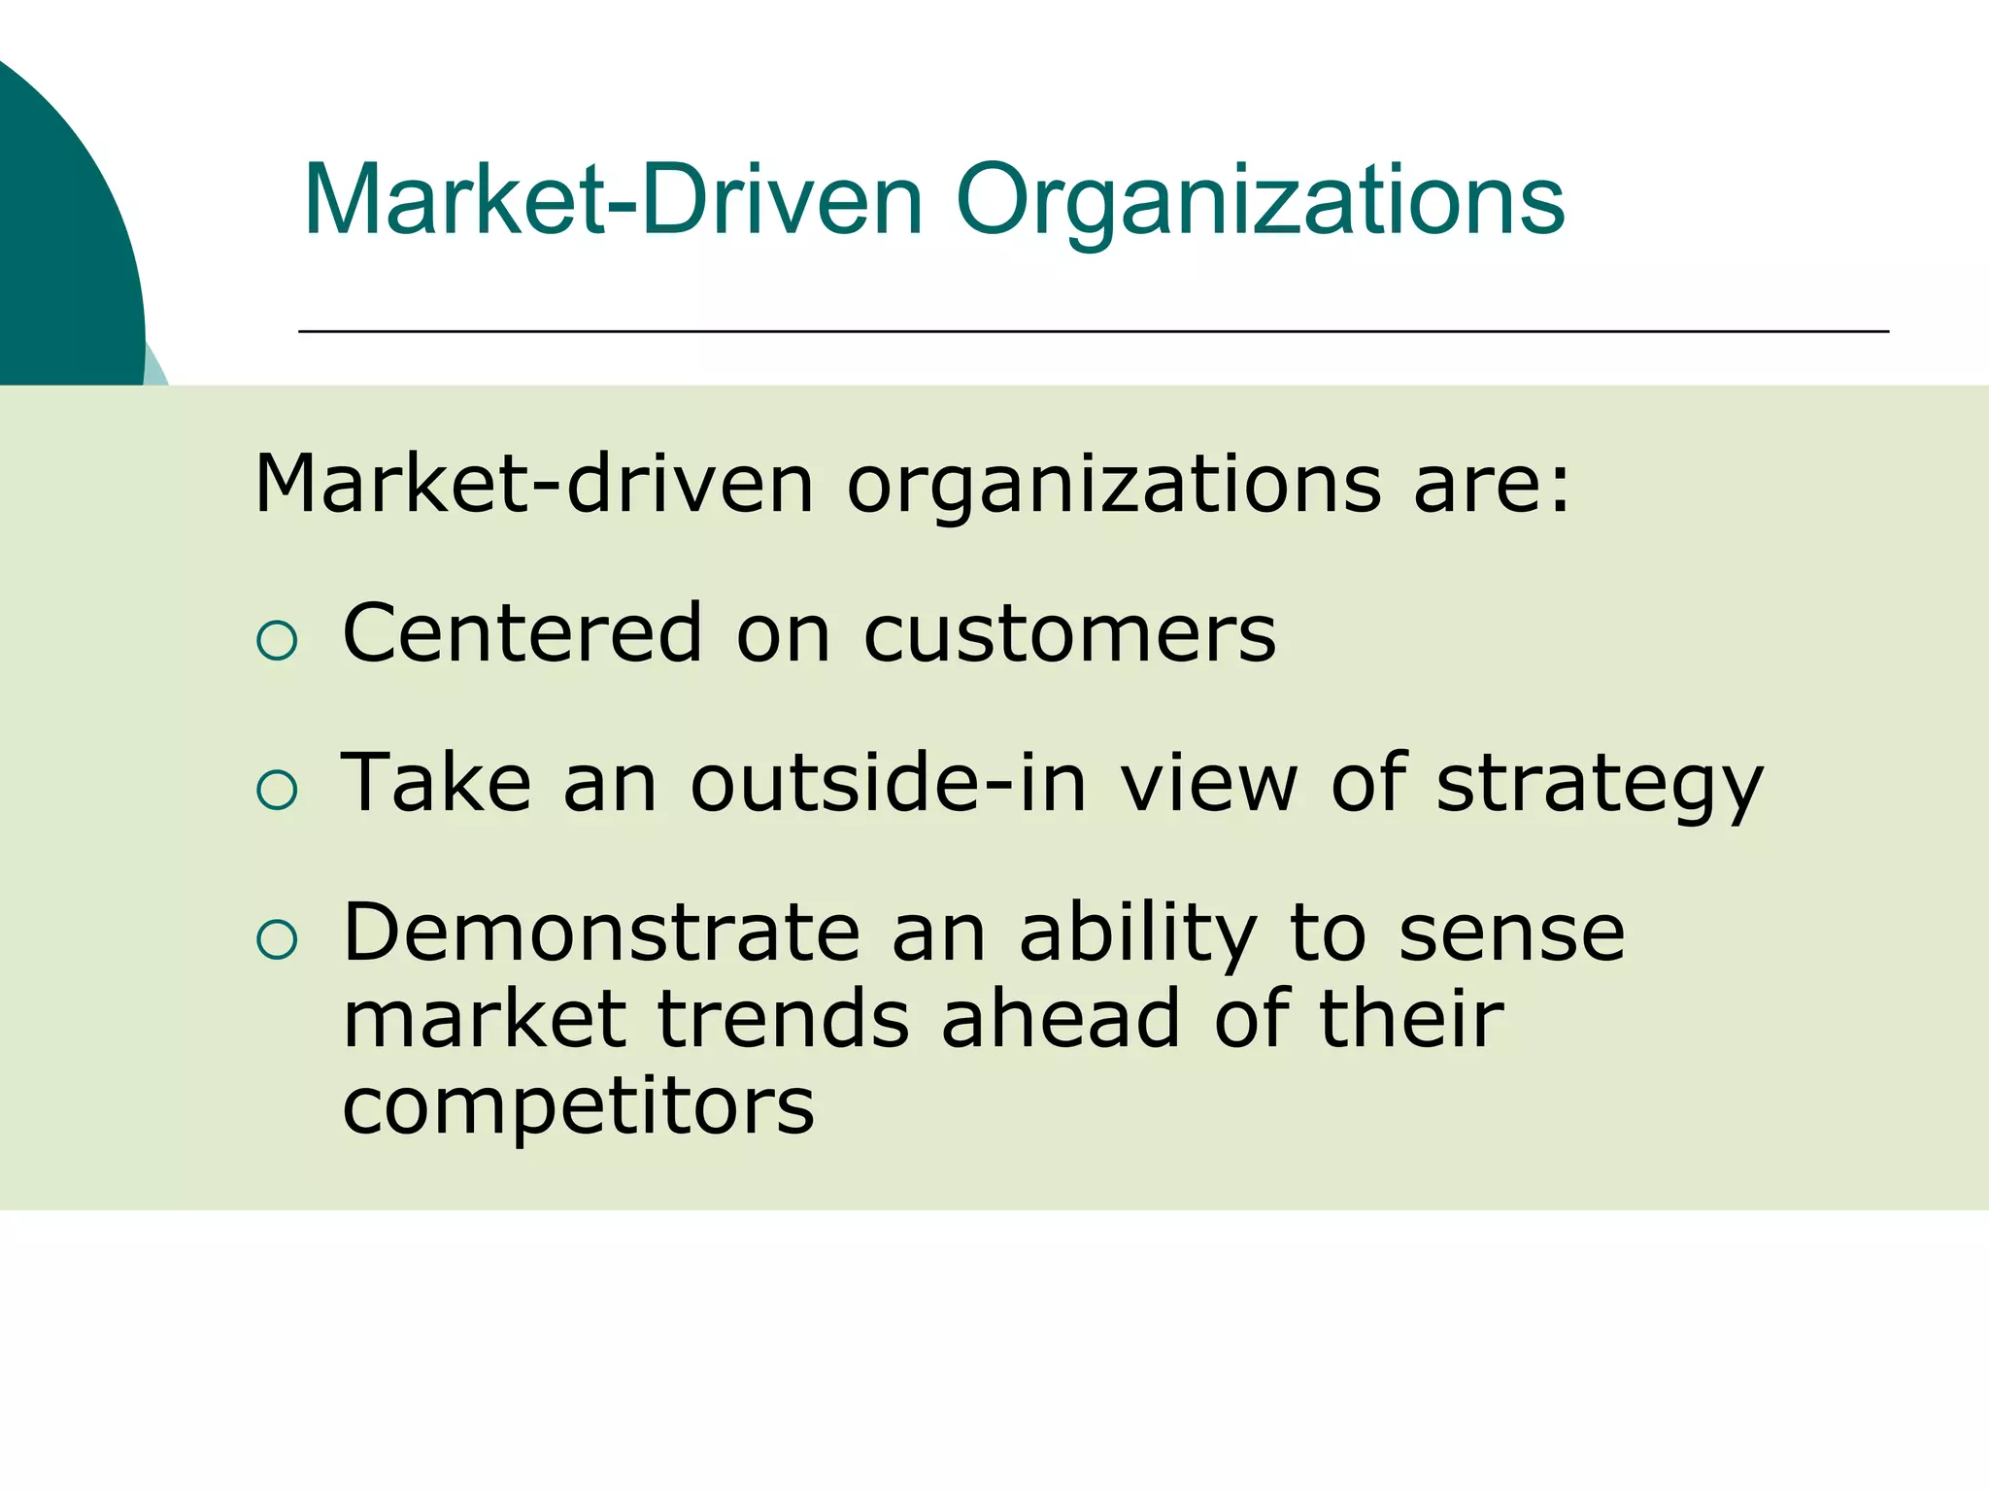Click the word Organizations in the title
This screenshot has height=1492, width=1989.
(1260, 202)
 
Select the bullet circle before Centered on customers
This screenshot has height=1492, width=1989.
(277, 641)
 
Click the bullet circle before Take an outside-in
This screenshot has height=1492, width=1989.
(277, 790)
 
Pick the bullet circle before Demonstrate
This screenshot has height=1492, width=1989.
(277, 939)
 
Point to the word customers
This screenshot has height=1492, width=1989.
(1069, 633)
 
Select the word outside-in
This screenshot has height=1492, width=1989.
(888, 783)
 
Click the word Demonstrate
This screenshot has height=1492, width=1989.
(601, 932)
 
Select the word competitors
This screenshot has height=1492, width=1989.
(578, 1107)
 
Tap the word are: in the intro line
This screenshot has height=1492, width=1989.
(1491, 484)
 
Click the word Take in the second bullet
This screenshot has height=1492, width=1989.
(436, 783)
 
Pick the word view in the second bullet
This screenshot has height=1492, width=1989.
(1209, 783)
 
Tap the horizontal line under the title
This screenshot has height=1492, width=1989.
(1093, 332)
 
